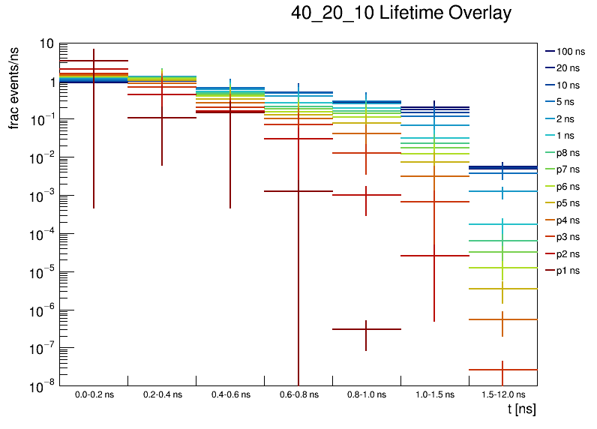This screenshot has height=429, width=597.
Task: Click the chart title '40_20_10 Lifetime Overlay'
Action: coord(401,13)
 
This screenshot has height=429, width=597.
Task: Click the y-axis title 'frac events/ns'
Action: coord(14,85)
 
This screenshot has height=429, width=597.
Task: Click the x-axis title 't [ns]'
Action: coord(521,409)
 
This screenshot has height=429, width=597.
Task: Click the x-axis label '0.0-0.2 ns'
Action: coord(94,394)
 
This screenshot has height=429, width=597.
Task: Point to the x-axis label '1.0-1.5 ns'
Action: coord(435,394)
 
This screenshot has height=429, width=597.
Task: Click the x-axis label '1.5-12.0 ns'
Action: coord(503,394)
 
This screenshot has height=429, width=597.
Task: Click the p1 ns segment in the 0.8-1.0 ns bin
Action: coord(367,329)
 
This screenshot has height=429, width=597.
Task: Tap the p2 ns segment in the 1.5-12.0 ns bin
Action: coord(503,370)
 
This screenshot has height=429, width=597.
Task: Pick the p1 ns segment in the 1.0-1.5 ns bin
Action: coord(435,256)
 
